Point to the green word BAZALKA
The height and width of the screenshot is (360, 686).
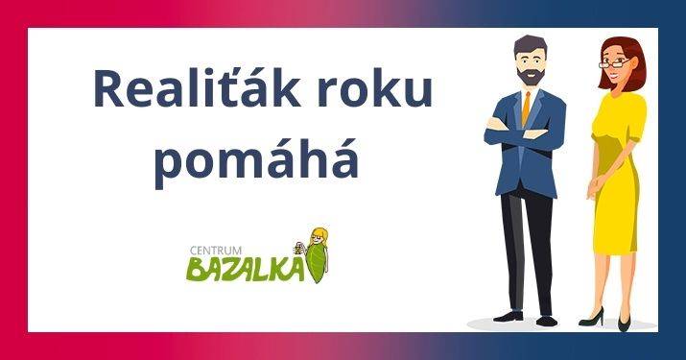(242, 270)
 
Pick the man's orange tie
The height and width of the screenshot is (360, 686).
(526, 108)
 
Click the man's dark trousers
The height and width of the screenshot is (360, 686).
(527, 240)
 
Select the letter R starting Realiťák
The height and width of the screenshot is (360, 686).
(108, 90)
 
